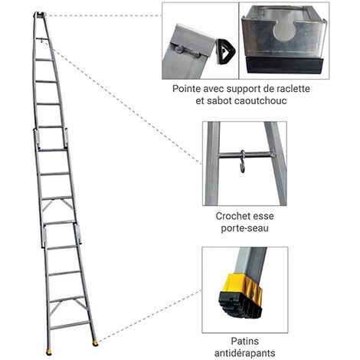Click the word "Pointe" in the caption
187,89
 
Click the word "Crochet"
231,216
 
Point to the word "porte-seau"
244,228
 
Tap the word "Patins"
244,341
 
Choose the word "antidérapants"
244,353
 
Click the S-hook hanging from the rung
243,162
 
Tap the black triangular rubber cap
225,51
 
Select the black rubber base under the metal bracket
284,65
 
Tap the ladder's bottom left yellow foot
49,352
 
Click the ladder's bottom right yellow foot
95,343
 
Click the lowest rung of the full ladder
69,325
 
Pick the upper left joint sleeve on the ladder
36,138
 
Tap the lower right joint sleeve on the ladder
78,234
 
